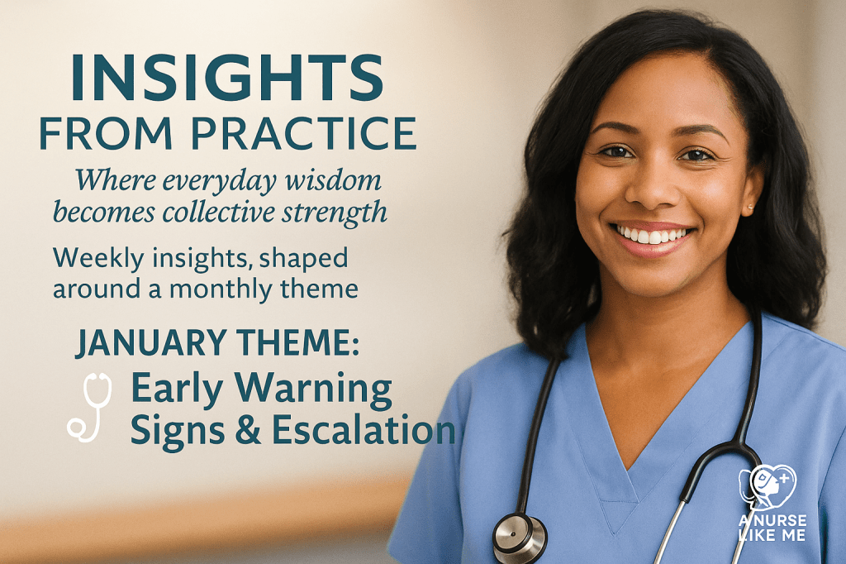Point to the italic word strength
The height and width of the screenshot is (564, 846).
click(341, 212)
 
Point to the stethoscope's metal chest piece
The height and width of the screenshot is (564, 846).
click(520, 538)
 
